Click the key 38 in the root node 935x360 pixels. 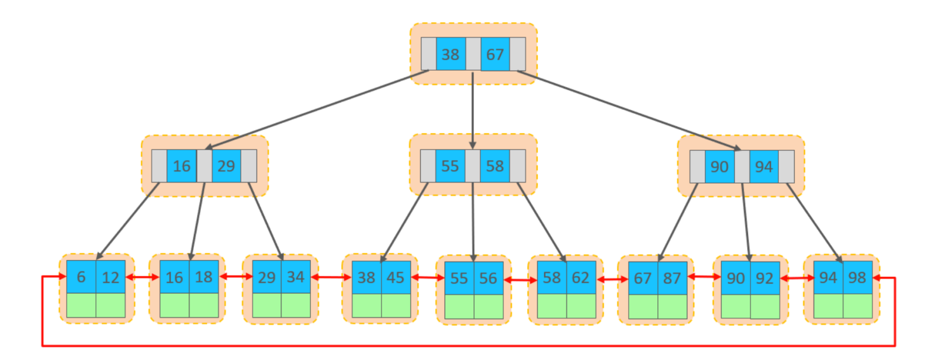point(451,54)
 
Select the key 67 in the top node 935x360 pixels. point(495,54)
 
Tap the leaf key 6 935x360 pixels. point(81,277)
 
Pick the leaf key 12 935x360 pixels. point(110,277)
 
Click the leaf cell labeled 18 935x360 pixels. point(204,277)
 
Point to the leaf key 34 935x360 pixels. point(296,277)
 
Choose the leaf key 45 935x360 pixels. point(396,278)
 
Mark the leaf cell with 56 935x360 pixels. point(489,278)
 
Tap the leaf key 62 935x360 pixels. point(581,278)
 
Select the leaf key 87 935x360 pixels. point(673,278)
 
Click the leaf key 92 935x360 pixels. point(765,278)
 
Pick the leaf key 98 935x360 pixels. point(858,278)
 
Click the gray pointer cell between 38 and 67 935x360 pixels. point(473,54)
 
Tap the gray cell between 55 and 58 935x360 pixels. point(473,166)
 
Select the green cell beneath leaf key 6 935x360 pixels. point(81,305)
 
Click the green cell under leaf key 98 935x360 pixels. point(858,306)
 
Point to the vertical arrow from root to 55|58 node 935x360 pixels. point(473,110)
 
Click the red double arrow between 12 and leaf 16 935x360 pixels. point(143,277)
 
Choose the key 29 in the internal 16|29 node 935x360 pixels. point(226,166)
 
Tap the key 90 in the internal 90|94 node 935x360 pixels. point(719,167)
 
